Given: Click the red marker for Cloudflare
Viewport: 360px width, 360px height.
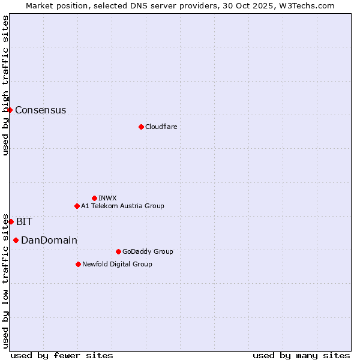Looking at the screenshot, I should point(141,127).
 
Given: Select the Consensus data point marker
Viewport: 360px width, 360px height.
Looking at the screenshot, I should point(10,110).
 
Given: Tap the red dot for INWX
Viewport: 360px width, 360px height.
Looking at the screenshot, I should point(94,198).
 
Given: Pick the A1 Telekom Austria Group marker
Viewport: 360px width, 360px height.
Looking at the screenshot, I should point(77,206).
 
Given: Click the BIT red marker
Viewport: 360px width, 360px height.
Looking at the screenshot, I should point(11,221).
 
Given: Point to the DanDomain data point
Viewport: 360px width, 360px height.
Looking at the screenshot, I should point(16,240).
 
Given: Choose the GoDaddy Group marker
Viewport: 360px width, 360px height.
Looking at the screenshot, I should point(118,251).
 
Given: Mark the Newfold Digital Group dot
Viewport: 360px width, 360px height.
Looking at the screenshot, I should point(78,264).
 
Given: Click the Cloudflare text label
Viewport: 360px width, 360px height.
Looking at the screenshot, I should point(161,127).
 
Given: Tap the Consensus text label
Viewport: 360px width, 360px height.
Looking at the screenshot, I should point(40,110).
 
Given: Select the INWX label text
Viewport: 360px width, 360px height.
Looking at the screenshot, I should point(107,198).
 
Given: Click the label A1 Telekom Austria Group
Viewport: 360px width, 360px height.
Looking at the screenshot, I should point(122,206).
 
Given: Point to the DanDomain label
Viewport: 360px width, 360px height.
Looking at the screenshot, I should point(49,240).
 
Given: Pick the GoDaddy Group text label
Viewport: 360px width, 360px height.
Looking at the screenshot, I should point(148,251).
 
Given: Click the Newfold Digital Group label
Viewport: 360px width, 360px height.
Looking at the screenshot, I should point(117,264).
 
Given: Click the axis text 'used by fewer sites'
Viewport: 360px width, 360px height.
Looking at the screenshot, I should point(62,355).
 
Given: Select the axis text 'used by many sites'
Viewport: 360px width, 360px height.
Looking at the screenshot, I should point(301,355).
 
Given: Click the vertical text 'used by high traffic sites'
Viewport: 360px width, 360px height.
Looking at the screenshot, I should point(5,85).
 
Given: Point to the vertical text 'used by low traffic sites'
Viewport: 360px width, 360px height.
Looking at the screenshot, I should point(5,281).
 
